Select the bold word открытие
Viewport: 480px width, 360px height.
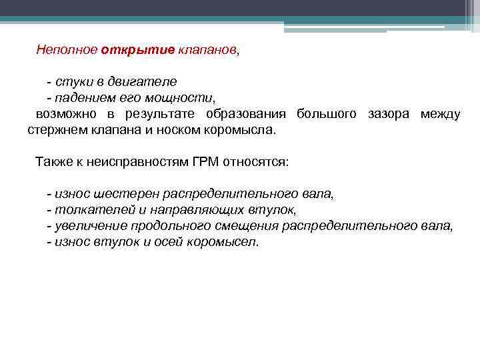tap(138, 50)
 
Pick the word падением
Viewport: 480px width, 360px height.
tap(83, 98)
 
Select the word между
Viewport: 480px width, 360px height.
tap(440, 114)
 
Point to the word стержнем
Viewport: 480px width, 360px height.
tap(54, 130)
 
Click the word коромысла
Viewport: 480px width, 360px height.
tap(240, 130)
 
